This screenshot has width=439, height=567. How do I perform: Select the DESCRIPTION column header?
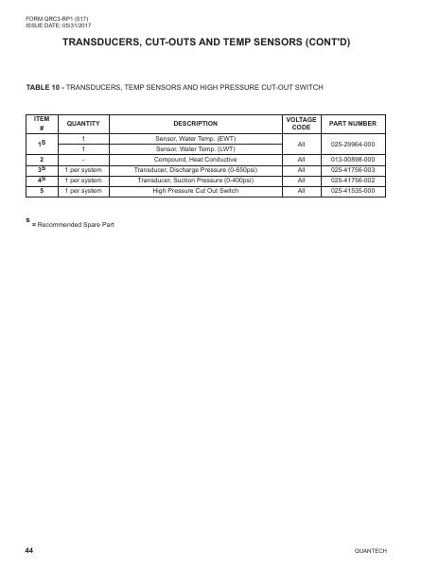click(x=196, y=124)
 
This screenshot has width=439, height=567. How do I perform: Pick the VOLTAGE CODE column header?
click(x=301, y=124)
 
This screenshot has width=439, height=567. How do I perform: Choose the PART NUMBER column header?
click(x=354, y=124)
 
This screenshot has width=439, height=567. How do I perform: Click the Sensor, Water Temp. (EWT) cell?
click(x=196, y=138)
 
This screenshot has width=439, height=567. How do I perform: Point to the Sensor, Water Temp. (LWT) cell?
click(x=196, y=148)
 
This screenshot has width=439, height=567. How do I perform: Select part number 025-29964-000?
click(x=354, y=144)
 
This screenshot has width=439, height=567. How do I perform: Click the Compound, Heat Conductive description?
click(x=196, y=159)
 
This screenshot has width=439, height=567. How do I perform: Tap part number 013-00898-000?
click(x=354, y=159)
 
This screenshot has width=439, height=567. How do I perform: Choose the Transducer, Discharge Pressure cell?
click(x=196, y=169)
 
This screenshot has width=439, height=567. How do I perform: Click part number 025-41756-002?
click(x=354, y=180)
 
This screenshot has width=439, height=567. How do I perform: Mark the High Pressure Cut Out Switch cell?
click(x=196, y=190)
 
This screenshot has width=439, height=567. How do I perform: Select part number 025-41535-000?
click(x=354, y=190)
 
